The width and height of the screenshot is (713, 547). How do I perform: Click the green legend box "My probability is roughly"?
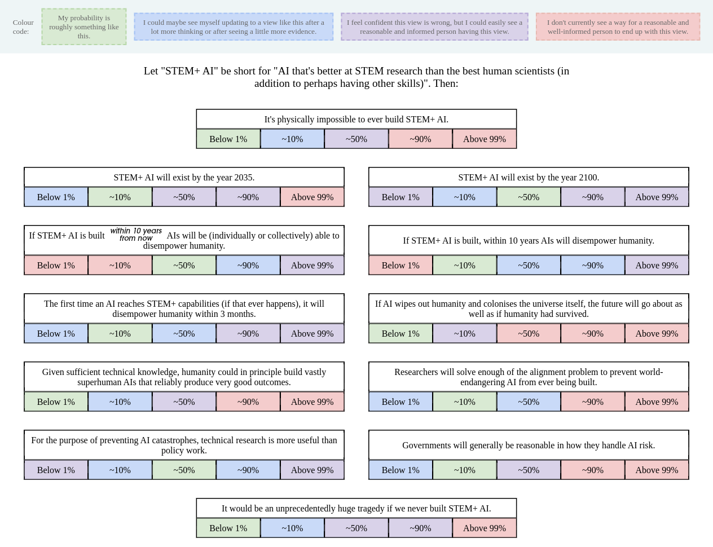click(x=84, y=27)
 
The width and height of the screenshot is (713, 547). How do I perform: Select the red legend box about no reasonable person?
click(x=618, y=27)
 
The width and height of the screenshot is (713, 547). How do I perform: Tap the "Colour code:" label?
click(x=23, y=27)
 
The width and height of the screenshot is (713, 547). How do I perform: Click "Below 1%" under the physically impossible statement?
click(x=228, y=139)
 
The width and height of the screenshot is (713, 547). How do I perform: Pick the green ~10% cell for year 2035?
click(x=120, y=197)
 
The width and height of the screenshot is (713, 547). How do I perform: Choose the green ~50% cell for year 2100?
click(x=529, y=197)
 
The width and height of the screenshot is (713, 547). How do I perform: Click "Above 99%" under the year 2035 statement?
click(x=313, y=197)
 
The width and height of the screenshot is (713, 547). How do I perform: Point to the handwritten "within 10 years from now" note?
click(x=136, y=235)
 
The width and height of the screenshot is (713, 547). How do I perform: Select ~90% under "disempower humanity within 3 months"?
click(x=248, y=333)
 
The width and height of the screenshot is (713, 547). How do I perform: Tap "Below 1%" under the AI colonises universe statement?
click(x=400, y=333)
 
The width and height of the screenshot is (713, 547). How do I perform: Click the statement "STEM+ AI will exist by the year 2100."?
click(x=529, y=178)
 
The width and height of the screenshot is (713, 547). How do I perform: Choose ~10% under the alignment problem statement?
click(x=465, y=402)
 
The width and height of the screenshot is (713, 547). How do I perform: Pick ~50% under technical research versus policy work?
click(x=184, y=470)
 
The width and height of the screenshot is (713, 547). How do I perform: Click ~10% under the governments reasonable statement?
click(x=465, y=470)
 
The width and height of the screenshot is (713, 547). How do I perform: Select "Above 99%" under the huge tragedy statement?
click(x=485, y=528)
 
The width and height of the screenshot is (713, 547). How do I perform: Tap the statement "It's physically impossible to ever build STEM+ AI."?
click(x=356, y=120)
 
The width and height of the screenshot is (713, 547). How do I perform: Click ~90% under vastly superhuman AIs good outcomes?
click(x=248, y=402)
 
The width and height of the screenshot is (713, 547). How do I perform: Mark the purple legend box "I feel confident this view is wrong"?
click(x=434, y=27)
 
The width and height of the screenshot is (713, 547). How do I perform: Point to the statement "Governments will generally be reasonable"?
click(x=529, y=445)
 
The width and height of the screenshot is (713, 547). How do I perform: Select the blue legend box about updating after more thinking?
click(x=234, y=27)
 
